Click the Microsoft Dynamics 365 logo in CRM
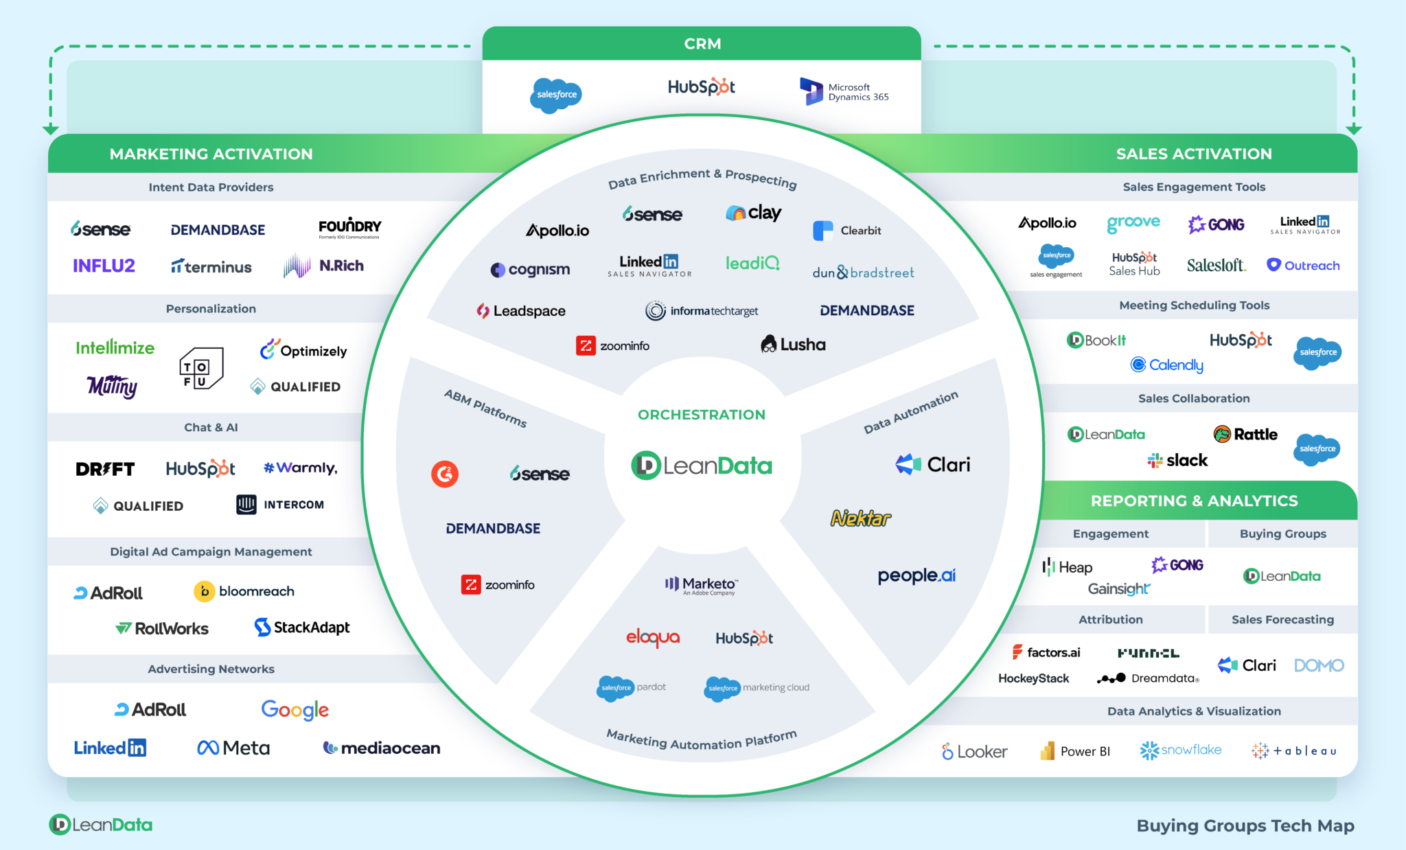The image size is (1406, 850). tap(844, 92)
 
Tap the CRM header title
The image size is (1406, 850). tap(702, 44)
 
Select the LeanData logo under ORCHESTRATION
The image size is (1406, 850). tap(702, 466)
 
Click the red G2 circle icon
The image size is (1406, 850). tap(445, 474)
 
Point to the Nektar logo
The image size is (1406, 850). tap(861, 518)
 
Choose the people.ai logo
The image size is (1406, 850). tap(917, 575)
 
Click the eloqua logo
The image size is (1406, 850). tap(653, 638)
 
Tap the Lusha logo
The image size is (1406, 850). tap(794, 344)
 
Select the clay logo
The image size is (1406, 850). tap(754, 213)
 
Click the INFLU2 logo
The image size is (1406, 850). tap(104, 266)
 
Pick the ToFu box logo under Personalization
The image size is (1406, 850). tap(200, 369)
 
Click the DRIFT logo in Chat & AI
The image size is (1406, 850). tap(105, 469)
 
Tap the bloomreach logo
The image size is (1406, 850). tap(244, 591)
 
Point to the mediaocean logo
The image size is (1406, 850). tap(382, 748)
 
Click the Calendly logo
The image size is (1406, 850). tap(1167, 365)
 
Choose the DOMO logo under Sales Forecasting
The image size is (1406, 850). tap(1319, 665)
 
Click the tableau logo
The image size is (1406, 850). tap(1294, 751)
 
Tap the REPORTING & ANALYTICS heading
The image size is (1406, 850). tap(1194, 501)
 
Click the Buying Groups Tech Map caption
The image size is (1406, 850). tap(1245, 825)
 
